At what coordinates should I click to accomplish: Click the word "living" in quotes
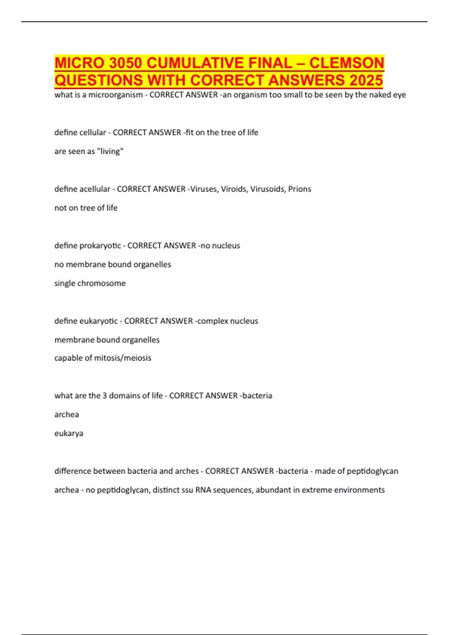pos(110,151)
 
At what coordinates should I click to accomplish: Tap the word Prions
pos(299,189)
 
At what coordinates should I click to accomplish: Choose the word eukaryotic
pos(98,321)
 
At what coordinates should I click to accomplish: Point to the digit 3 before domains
pos(104,396)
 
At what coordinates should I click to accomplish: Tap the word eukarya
pos(69,433)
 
